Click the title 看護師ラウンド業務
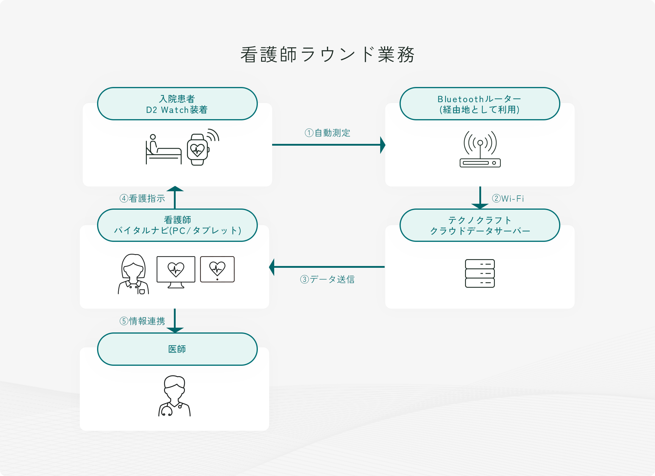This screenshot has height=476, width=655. click(x=327, y=55)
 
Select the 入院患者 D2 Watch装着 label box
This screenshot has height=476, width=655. click(x=177, y=104)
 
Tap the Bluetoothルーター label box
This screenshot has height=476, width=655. click(x=480, y=104)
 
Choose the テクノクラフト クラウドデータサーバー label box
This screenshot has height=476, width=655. click(x=480, y=225)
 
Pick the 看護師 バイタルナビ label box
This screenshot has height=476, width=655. click(x=177, y=225)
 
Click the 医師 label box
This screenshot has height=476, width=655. click(x=177, y=349)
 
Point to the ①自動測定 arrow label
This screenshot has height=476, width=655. click(x=327, y=133)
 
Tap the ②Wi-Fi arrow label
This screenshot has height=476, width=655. click(x=508, y=198)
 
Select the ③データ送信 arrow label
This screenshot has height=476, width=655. click(x=327, y=279)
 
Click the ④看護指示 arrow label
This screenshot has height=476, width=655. click(x=142, y=198)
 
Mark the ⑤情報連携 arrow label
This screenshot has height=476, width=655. click(x=142, y=321)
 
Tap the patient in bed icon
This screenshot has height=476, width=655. click(x=163, y=150)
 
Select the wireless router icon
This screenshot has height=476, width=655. click(x=480, y=149)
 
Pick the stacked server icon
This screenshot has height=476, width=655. click(x=480, y=273)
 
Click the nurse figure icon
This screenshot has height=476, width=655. click(x=133, y=274)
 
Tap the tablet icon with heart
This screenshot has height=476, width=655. click(x=217, y=269)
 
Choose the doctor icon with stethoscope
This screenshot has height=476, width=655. click(x=174, y=396)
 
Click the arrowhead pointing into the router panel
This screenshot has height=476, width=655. click(x=383, y=145)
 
